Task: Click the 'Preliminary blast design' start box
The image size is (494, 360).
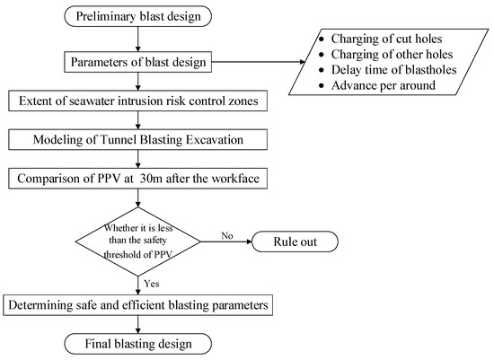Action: pyautogui.click(x=138, y=16)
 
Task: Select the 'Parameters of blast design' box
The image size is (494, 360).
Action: pyautogui.click(x=138, y=62)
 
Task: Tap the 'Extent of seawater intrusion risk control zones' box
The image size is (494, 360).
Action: pyautogui.click(x=138, y=101)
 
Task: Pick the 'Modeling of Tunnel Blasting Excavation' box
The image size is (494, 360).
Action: pyautogui.click(x=138, y=139)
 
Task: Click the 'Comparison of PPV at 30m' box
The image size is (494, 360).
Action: pyautogui.click(x=138, y=179)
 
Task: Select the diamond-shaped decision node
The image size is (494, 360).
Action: pyautogui.click(x=138, y=241)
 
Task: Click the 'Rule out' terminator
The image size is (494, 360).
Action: pyautogui.click(x=295, y=241)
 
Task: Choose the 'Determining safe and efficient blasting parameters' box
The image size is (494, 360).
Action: pyautogui.click(x=138, y=305)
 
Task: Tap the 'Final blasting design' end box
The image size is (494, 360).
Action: pyautogui.click(x=138, y=344)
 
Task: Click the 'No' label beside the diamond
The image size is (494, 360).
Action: pyautogui.click(x=227, y=235)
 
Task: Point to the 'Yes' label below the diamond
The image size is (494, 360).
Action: pyautogui.click(x=152, y=284)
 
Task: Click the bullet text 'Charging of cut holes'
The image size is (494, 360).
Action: pyautogui.click(x=386, y=39)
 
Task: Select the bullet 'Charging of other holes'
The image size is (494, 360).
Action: pyautogui.click(x=392, y=54)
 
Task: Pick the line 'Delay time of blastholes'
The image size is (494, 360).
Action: pyautogui.click(x=393, y=70)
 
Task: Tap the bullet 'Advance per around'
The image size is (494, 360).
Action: pyautogui.click(x=384, y=85)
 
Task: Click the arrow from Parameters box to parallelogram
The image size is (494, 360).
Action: pyautogui.click(x=259, y=62)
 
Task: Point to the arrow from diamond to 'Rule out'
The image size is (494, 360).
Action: pyautogui.click(x=226, y=241)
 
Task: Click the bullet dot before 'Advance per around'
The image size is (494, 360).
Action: pyautogui.click(x=321, y=85)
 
